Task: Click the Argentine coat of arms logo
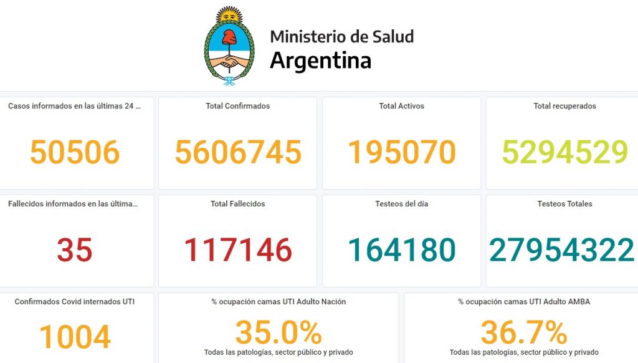click(229, 47)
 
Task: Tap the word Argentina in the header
click(320, 60)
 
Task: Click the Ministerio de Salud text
click(341, 36)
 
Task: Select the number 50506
click(75, 152)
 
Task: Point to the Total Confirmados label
click(238, 106)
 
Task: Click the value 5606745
click(238, 152)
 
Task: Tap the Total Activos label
click(401, 106)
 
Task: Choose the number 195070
click(401, 152)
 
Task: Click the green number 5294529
click(564, 152)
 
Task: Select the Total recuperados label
click(564, 106)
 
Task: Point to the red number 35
click(75, 250)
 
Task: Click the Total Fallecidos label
click(238, 204)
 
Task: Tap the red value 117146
click(238, 250)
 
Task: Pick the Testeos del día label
click(401, 204)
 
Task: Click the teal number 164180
click(401, 250)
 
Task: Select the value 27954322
click(562, 250)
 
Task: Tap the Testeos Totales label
click(564, 204)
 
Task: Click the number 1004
click(75, 337)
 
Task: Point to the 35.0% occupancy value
click(279, 332)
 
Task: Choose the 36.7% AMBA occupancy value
click(524, 332)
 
